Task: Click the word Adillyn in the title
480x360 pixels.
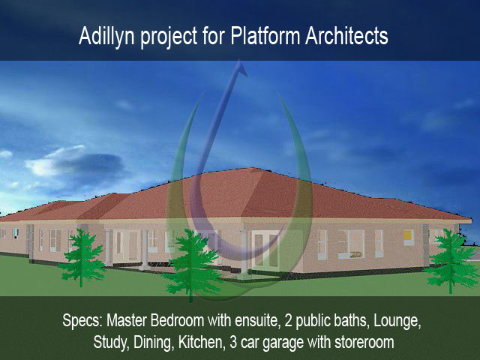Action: tap(106, 37)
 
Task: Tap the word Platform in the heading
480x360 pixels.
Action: tap(265, 35)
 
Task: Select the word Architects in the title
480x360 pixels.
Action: tap(346, 36)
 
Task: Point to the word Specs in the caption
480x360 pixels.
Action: tap(82, 321)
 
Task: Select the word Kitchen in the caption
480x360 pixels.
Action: tap(201, 342)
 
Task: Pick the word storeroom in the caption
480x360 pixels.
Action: tap(364, 343)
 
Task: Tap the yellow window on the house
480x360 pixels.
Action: tap(408, 235)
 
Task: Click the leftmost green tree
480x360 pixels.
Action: tap(82, 258)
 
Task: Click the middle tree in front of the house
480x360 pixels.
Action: tap(192, 265)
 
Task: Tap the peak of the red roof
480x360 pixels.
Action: tap(253, 168)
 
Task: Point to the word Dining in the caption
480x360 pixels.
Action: tap(152, 343)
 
